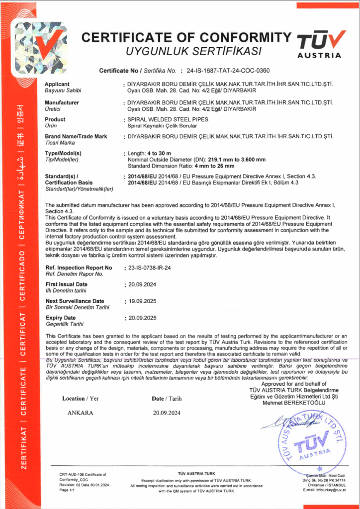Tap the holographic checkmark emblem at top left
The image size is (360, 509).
coord(46,47)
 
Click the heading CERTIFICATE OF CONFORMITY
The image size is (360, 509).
coord(185,37)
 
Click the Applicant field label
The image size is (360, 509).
coord(57,84)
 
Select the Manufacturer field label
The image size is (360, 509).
coord(62,102)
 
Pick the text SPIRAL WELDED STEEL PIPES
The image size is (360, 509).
coord(168,120)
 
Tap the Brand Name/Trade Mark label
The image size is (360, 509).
coord(76,136)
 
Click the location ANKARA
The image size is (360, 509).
coord(80,413)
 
